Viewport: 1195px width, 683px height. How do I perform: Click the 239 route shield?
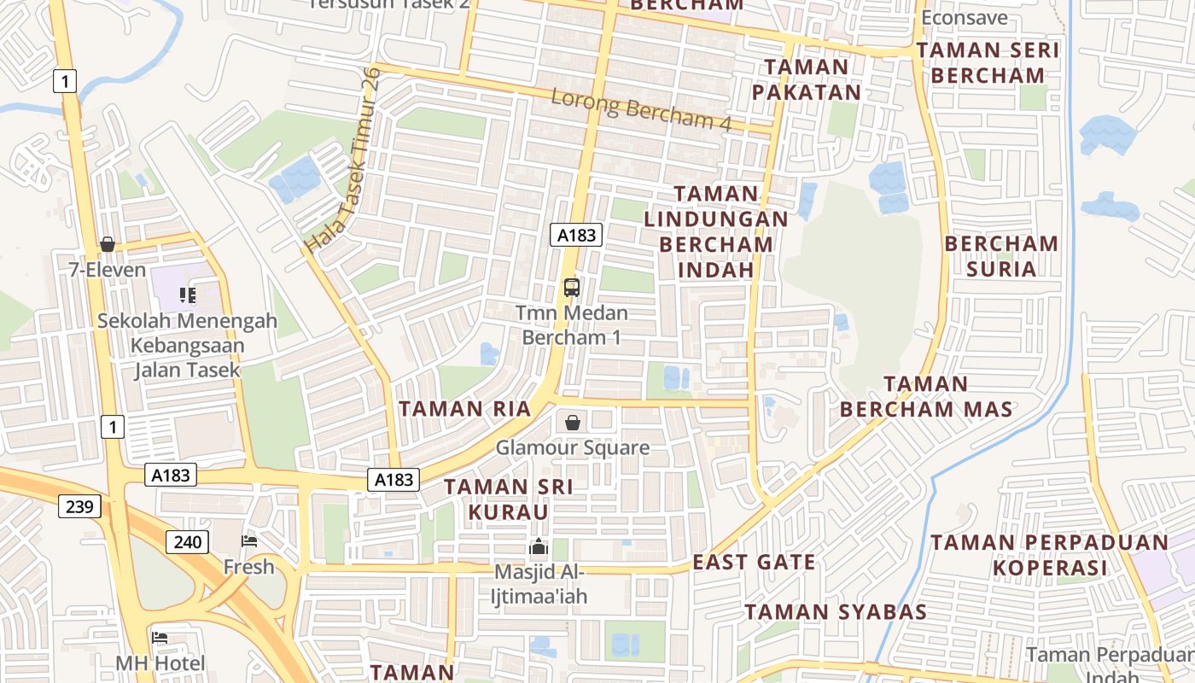point(80,507)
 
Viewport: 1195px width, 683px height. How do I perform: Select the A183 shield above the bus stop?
point(576,236)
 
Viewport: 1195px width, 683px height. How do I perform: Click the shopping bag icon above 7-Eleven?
point(108,245)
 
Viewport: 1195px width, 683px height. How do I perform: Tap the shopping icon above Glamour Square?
point(573,423)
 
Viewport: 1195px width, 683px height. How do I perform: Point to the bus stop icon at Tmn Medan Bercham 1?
point(572,288)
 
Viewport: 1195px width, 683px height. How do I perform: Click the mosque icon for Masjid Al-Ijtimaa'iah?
point(539,546)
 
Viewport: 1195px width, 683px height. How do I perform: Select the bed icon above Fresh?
point(249,541)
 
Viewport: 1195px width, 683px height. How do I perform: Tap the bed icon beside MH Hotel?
point(160,638)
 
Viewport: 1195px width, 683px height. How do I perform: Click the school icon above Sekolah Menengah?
point(188,296)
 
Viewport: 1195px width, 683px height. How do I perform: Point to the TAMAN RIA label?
point(465,409)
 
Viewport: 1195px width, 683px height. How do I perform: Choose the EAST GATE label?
point(754,562)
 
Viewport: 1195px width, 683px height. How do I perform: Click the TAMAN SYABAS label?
point(836,612)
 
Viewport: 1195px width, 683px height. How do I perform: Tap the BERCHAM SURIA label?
point(1001,256)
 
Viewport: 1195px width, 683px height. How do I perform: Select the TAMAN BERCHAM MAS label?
point(926,396)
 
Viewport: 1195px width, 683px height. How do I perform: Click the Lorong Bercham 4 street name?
point(641,109)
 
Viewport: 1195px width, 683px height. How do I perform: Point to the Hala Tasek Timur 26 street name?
point(342,161)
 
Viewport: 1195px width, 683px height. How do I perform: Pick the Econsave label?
point(965,18)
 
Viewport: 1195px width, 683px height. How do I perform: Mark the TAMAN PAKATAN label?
point(807,79)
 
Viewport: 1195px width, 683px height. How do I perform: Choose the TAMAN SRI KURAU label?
point(508,499)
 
